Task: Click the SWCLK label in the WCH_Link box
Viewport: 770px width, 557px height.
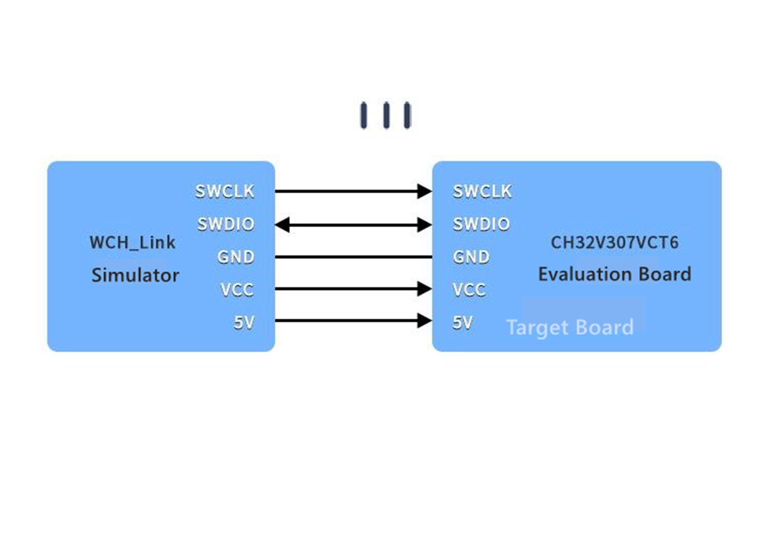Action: (x=225, y=191)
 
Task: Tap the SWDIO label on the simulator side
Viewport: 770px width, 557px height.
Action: (x=226, y=224)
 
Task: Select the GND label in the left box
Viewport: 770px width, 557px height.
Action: (x=236, y=257)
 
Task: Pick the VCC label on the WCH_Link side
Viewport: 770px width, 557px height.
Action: (x=237, y=289)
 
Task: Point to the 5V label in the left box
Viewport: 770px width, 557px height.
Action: (x=244, y=322)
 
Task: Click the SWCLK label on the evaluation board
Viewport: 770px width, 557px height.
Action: (x=482, y=191)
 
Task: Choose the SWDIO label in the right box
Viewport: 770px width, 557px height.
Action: (x=481, y=224)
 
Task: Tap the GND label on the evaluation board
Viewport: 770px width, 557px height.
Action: (x=471, y=257)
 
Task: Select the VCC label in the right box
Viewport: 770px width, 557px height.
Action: (x=469, y=289)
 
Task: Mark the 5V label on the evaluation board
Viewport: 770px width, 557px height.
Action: (x=463, y=322)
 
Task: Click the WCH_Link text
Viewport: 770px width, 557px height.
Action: (x=133, y=242)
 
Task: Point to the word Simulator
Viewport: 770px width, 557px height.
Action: (x=135, y=275)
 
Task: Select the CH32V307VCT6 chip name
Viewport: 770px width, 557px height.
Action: (x=615, y=242)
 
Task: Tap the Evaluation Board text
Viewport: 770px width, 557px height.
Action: (x=615, y=274)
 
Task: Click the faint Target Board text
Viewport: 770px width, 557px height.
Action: (x=570, y=327)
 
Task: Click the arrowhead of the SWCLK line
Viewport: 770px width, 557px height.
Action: (x=425, y=191)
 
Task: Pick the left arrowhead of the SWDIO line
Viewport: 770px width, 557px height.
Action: (x=282, y=225)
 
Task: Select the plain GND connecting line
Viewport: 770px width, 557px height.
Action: (x=353, y=257)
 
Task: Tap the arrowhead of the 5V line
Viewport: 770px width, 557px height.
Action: (x=425, y=321)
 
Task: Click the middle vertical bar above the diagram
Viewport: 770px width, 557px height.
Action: (x=386, y=115)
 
